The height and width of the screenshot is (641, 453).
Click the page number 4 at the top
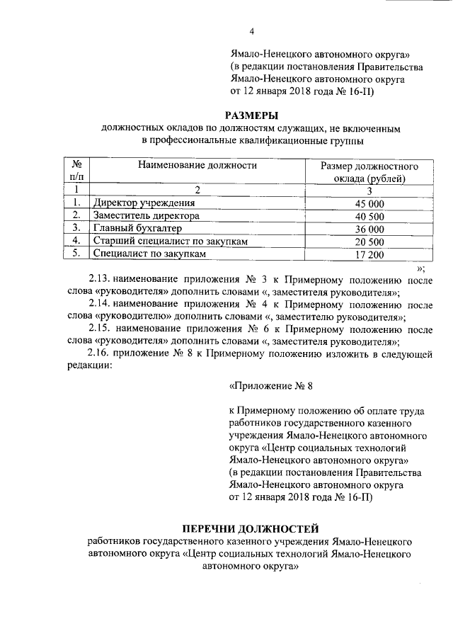pyautogui.click(x=251, y=30)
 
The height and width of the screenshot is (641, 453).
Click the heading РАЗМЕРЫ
pyautogui.click(x=251, y=115)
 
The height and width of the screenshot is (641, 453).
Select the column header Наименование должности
pyautogui.click(x=197, y=166)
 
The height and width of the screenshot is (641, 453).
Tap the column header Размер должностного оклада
pyautogui.click(x=369, y=172)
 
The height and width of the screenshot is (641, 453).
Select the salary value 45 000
pyautogui.click(x=369, y=204)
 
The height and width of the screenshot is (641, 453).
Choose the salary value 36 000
pyautogui.click(x=369, y=229)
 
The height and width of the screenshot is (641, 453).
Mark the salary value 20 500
pyautogui.click(x=369, y=242)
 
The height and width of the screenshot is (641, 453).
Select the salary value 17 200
pyautogui.click(x=369, y=254)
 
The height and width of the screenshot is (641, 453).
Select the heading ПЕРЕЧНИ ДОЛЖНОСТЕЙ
pyautogui.click(x=251, y=528)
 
